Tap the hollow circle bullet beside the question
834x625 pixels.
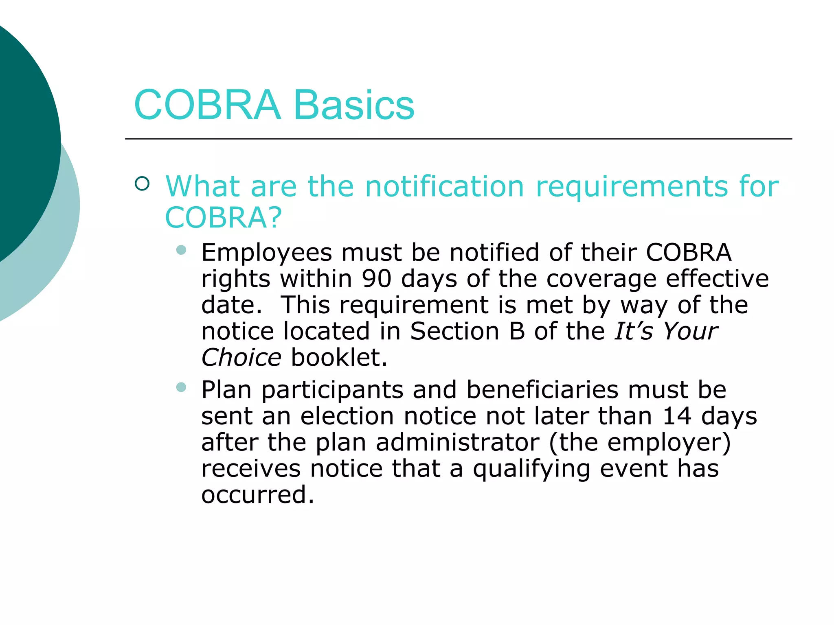(x=142, y=184)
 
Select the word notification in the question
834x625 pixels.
(x=444, y=186)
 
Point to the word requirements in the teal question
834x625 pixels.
(x=632, y=187)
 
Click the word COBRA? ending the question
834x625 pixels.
(x=223, y=218)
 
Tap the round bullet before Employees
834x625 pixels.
(x=181, y=250)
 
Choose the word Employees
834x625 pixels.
(x=267, y=253)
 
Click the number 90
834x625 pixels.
(x=377, y=279)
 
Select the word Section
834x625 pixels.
(x=454, y=331)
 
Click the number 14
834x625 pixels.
(x=677, y=416)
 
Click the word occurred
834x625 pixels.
(x=257, y=495)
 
